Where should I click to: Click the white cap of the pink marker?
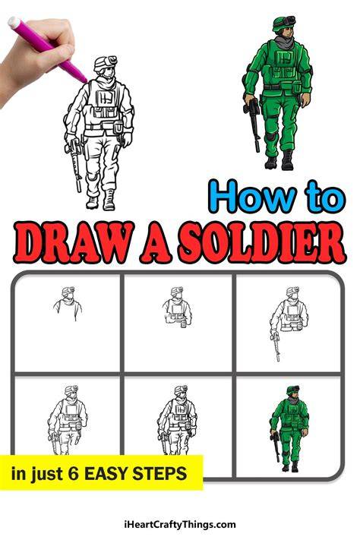point(14,22)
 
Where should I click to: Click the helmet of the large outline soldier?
point(106,63)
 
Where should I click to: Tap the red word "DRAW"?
point(74,242)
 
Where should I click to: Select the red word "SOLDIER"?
point(262,242)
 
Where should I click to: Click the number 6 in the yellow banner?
point(73,474)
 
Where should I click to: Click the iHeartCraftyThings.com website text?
point(180,525)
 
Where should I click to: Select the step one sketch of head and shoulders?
point(68,303)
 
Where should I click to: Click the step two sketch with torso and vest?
point(177,307)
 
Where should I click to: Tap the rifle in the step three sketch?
point(276,345)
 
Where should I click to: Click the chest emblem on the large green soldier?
point(285,58)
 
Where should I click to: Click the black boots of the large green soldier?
point(279,160)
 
